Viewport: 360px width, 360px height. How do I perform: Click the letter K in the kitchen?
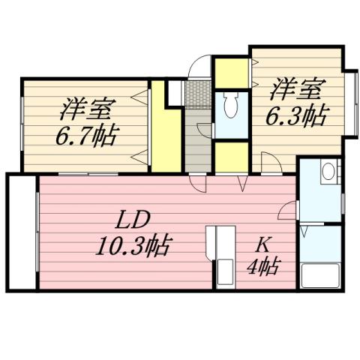click(264, 243)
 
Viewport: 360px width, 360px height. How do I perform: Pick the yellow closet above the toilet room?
click(231, 73)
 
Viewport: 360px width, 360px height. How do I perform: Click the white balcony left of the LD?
click(20, 232)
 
